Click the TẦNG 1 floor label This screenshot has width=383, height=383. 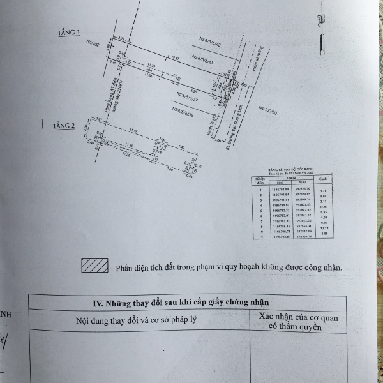[70, 31]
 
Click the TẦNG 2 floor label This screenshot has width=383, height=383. [64, 126]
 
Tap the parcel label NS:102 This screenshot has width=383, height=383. [91, 45]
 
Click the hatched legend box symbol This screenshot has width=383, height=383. [94, 266]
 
